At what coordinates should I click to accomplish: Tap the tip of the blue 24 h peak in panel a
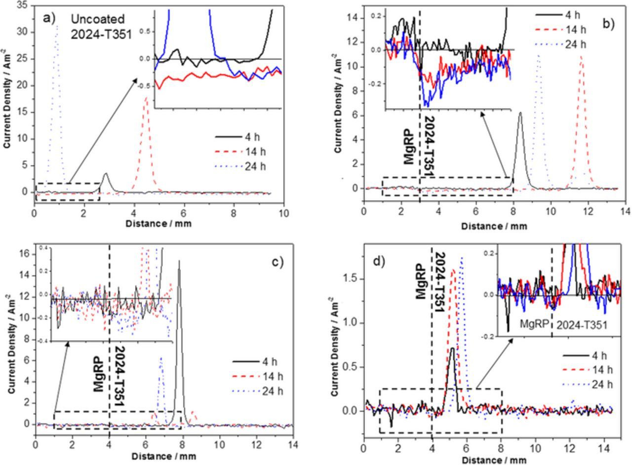tap(57, 26)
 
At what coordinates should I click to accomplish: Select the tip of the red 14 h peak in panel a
tap(146, 97)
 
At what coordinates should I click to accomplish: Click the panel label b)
tap(607, 23)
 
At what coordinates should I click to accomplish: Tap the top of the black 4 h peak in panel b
tap(520, 113)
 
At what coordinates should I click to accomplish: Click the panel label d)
tap(378, 260)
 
